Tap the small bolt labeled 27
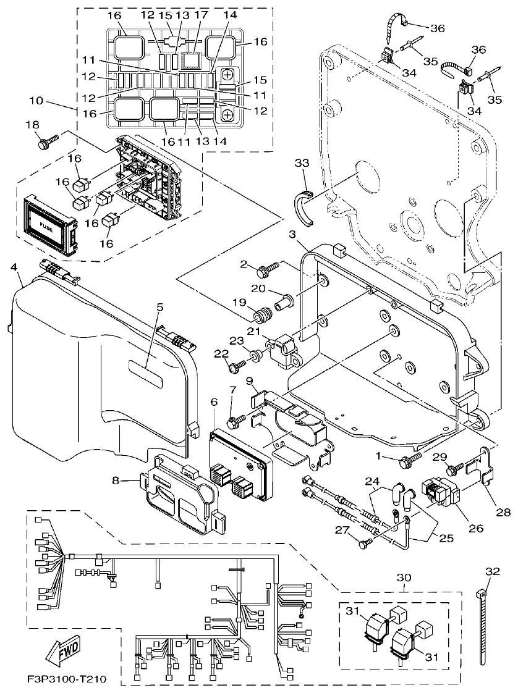[365, 543]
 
